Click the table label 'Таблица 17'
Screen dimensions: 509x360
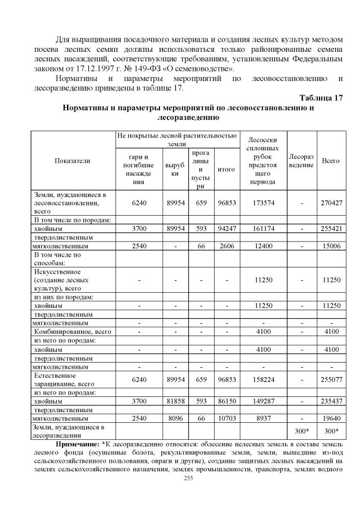(321, 97)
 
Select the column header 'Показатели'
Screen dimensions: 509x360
(72, 160)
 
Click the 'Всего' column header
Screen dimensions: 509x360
(330, 160)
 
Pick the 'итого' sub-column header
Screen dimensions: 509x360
(226, 169)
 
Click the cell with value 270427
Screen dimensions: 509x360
(330, 202)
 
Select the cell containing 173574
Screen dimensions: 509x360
(264, 202)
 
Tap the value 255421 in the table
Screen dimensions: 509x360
(330, 229)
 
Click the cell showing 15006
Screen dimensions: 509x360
(330, 246)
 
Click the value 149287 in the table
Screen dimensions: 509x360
(264, 401)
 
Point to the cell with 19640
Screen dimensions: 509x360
(330, 418)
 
